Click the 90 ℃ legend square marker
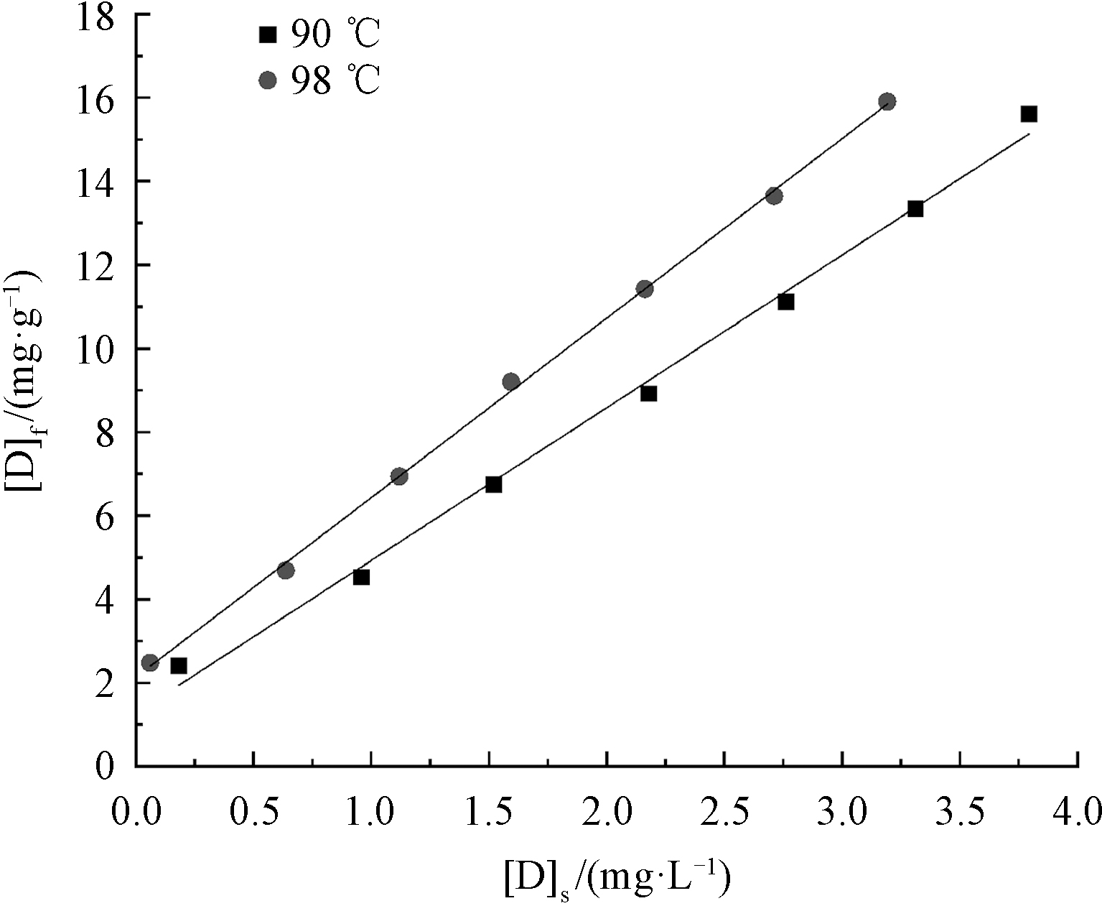(268, 34)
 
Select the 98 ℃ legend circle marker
(268, 80)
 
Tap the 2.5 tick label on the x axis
(724, 813)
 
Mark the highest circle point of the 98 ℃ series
(887, 101)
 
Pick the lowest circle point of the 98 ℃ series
(149, 662)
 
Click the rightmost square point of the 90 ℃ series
(1029, 114)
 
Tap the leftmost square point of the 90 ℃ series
(179, 666)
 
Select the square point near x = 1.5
(493, 484)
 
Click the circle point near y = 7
(399, 476)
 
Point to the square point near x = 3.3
(915, 209)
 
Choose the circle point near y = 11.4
(645, 289)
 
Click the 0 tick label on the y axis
(105, 767)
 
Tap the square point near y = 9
(649, 394)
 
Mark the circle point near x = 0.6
(286, 570)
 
